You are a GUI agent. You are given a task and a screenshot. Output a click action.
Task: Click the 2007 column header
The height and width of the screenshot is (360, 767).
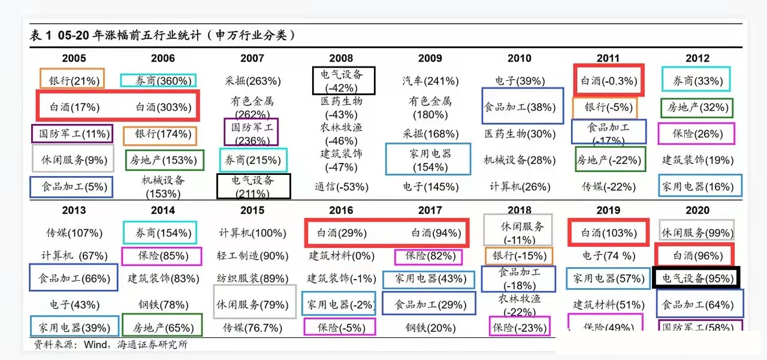point(252,58)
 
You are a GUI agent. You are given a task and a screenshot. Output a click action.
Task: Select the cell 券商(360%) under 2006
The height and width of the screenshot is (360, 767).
point(158,81)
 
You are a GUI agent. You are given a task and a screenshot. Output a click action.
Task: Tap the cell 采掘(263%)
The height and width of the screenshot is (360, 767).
point(252,81)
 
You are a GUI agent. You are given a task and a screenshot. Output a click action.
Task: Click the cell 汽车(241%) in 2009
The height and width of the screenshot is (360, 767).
point(430,81)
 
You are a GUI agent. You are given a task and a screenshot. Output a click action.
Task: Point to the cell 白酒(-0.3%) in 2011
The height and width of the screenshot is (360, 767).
point(608,81)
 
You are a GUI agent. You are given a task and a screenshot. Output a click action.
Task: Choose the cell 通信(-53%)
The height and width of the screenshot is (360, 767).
point(341,187)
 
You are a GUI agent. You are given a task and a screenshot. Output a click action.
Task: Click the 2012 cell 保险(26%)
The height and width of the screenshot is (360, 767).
point(696,134)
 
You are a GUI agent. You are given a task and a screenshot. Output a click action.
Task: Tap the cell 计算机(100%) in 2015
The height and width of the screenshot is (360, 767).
point(252,232)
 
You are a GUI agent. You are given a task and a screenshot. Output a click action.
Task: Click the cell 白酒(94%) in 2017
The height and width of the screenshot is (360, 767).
point(430,232)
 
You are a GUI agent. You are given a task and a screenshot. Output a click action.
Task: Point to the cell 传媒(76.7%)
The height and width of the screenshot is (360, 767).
point(252,328)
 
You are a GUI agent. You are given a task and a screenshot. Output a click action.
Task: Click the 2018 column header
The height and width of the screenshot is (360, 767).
point(519,210)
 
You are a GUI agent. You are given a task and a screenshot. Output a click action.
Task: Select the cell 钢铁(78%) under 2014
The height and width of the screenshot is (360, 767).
point(163,305)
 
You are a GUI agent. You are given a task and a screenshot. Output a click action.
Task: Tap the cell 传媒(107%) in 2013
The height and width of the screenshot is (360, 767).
point(74,232)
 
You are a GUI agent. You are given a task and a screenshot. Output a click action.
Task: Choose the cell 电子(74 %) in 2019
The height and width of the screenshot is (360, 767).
point(608,256)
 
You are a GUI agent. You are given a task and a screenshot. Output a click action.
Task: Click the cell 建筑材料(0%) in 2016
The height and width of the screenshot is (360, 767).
point(341,256)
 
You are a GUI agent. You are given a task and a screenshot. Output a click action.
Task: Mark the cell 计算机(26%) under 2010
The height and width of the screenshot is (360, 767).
point(519,187)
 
